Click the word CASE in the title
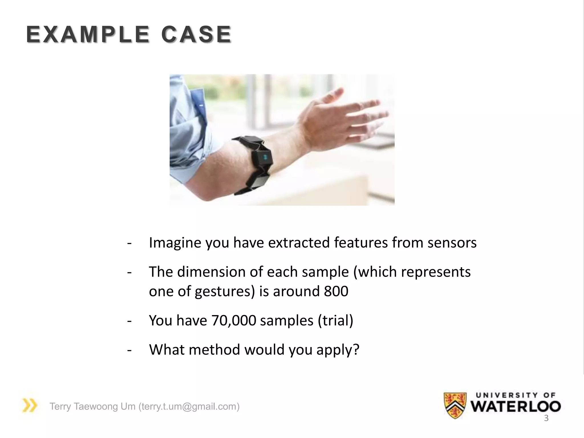pos(196,35)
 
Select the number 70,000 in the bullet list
pos(234,320)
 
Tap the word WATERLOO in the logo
pos(516,407)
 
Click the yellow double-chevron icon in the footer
pos(30,405)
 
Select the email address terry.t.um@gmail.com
pos(189,406)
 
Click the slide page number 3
pos(546,418)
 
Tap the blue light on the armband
pos(264,157)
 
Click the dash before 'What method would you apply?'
pos(129,350)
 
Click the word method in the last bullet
pos(214,350)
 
